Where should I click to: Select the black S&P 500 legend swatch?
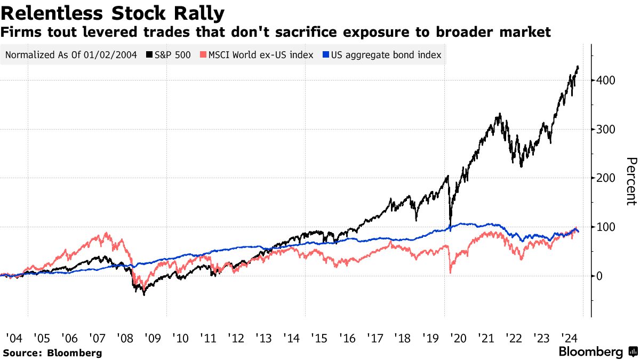[x=150, y=55]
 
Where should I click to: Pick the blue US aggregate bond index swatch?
[x=326, y=55]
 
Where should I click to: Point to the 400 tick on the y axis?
[x=606, y=81]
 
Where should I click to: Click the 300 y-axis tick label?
[x=606, y=130]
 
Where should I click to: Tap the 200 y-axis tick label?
[x=606, y=178]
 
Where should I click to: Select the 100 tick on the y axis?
[x=606, y=227]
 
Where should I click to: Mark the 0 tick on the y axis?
[x=601, y=276]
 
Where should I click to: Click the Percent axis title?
[x=631, y=181]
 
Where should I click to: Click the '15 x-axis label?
[x=319, y=338]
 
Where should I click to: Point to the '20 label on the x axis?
[x=458, y=338]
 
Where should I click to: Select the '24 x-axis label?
[x=569, y=338]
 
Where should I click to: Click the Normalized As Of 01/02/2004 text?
[x=70, y=55]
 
